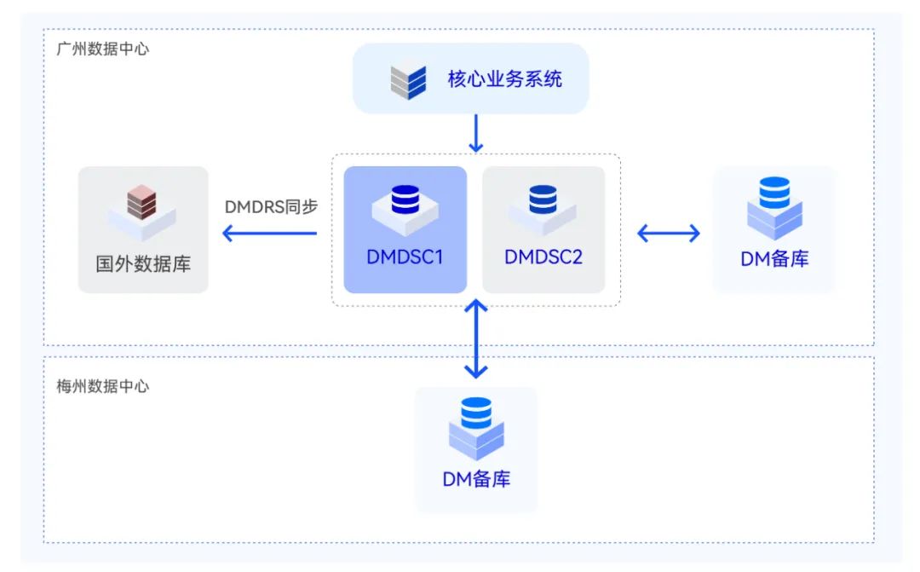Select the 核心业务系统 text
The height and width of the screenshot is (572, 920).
[x=505, y=80]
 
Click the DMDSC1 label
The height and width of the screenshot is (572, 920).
[x=405, y=257]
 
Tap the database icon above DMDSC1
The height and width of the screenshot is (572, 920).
[x=405, y=205]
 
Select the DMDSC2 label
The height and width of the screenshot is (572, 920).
[x=543, y=257]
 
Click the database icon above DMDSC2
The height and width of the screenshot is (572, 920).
[x=543, y=205]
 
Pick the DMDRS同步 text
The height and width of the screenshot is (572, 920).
[x=271, y=206]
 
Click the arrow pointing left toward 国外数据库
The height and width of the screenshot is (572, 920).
[x=269, y=233]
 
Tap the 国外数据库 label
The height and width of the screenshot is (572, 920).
[x=143, y=263]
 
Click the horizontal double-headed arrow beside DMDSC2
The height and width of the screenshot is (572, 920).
[x=669, y=232]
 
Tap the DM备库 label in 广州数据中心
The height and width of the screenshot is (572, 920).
[x=774, y=259]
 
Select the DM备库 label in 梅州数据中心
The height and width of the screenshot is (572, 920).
[x=476, y=478]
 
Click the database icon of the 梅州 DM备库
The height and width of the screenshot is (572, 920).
[x=476, y=426]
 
